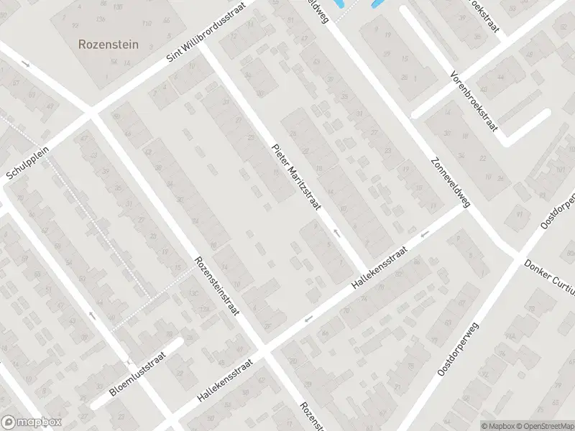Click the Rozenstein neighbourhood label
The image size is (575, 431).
pyautogui.click(x=109, y=44)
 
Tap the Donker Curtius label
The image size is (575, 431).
pyautogui.click(x=550, y=276)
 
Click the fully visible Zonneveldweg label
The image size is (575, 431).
pyautogui.click(x=451, y=182)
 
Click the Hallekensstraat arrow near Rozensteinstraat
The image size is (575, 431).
pyautogui.click(x=309, y=318)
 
